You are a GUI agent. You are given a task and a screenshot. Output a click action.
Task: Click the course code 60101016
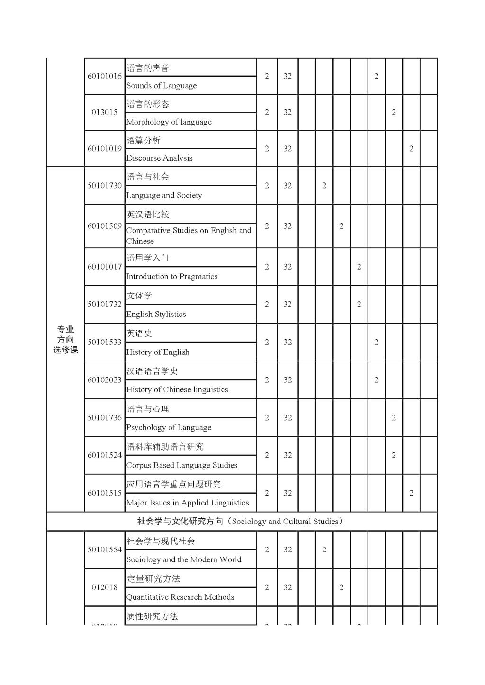coord(104,76)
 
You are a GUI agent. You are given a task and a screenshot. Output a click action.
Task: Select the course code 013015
coord(104,112)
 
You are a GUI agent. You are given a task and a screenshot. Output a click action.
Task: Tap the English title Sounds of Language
coord(162,86)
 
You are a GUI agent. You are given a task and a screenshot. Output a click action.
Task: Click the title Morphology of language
coord(169,122)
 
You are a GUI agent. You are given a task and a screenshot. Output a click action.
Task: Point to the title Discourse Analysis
coord(159,158)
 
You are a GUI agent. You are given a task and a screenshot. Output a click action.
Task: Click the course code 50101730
coord(104,186)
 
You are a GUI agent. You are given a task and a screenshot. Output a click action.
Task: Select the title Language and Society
coord(164,195)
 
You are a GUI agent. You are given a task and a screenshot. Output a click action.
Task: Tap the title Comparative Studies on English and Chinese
coord(188,235)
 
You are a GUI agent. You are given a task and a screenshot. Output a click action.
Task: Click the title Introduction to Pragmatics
coord(171,276)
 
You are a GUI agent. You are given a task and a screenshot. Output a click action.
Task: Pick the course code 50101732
coord(104,304)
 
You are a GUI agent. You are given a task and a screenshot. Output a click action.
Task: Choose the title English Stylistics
coord(156,314)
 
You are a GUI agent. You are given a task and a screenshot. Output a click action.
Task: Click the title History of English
coord(158,352)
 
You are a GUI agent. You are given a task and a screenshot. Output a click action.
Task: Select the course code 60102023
coord(104,380)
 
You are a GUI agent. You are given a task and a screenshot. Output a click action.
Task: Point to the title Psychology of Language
coord(169,427)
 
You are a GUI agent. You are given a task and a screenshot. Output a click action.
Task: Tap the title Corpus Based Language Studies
coord(181,465)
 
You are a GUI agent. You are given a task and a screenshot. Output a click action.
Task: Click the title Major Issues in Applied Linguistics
coord(187,503)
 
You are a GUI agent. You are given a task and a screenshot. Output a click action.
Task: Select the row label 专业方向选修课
coord(65,339)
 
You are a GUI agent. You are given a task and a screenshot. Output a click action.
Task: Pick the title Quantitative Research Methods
coord(180,597)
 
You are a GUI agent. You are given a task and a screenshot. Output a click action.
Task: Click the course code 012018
coord(104,587)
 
